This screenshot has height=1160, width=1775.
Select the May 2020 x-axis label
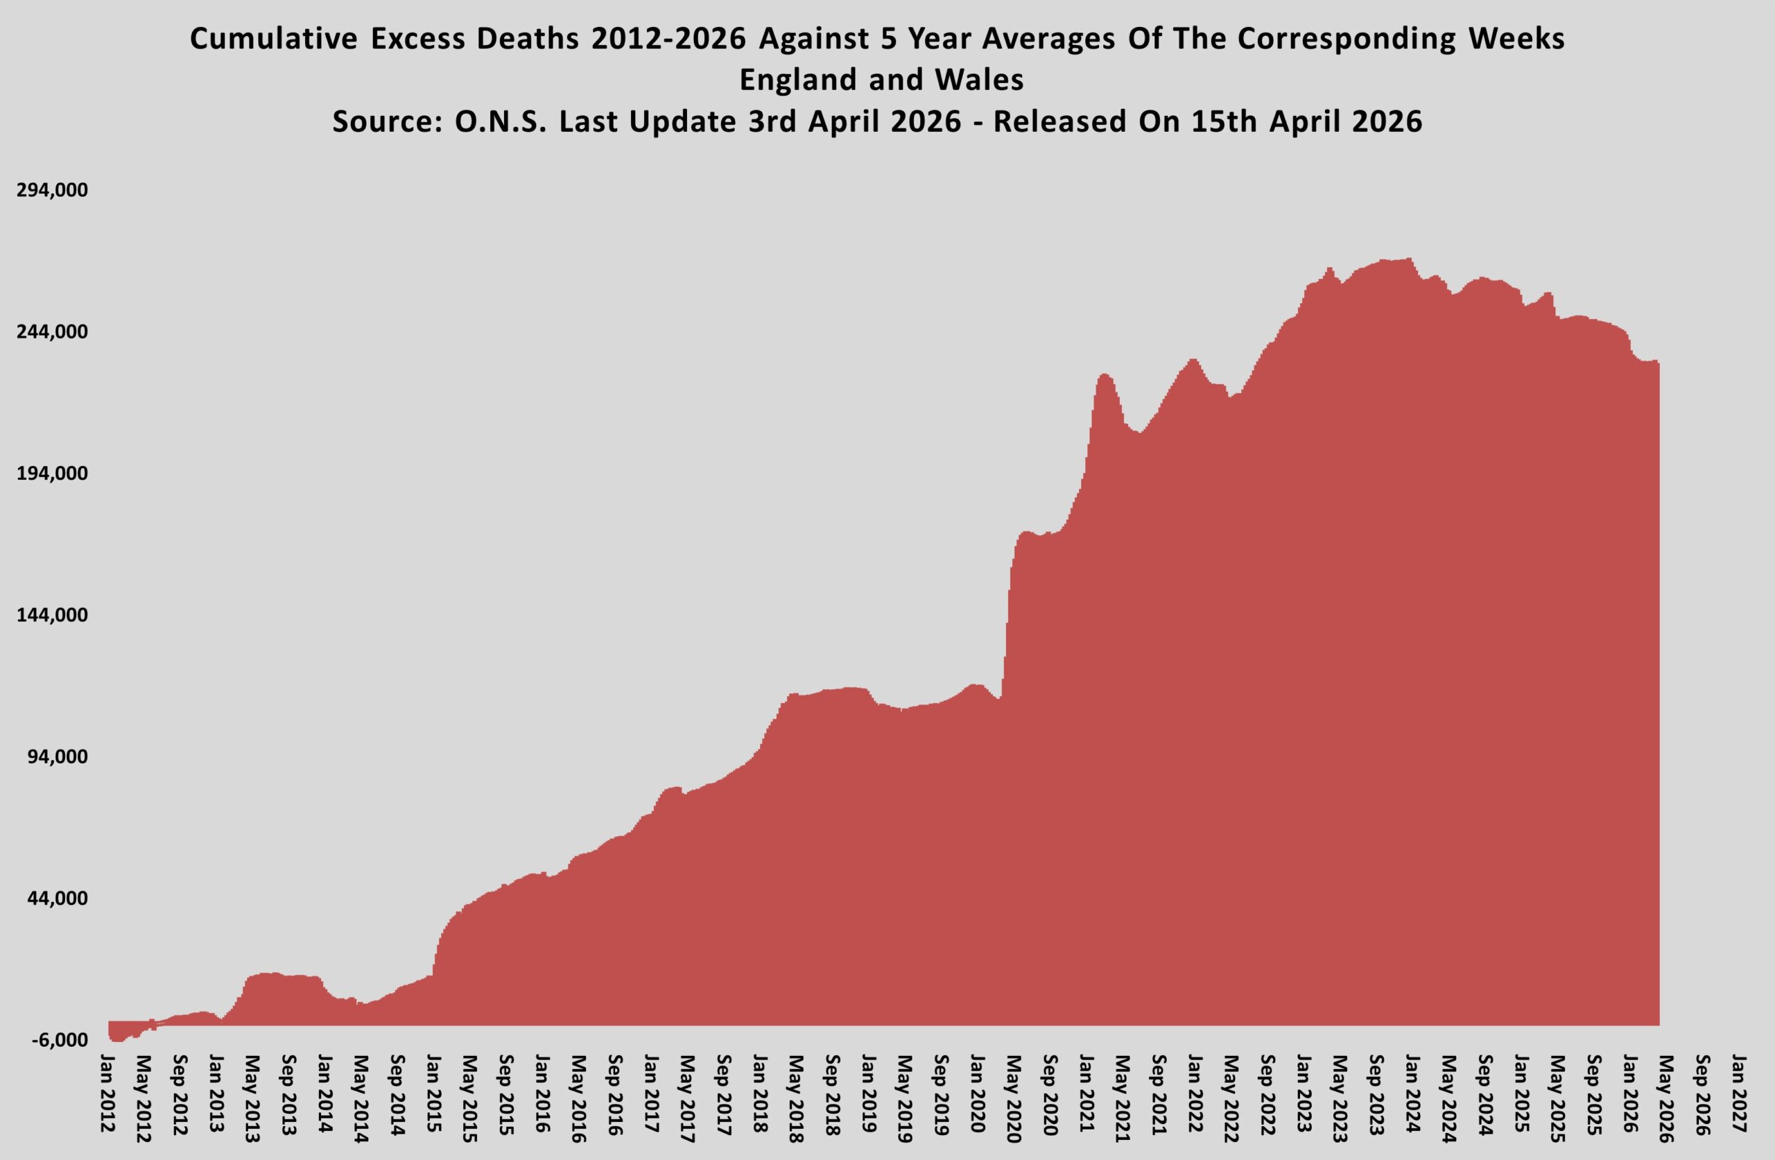point(1012,1098)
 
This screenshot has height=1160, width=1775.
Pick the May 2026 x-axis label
point(1665,1098)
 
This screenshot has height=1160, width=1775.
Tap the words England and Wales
point(881,80)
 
